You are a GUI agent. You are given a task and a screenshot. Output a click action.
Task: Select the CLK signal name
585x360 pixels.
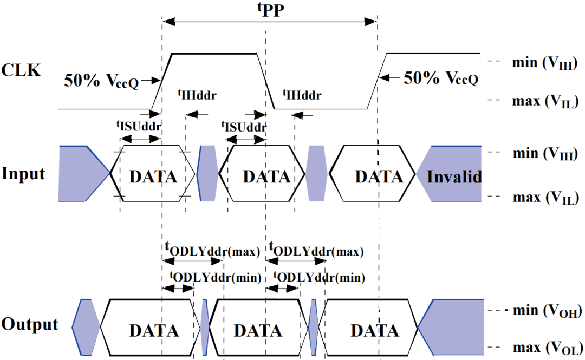[21, 70]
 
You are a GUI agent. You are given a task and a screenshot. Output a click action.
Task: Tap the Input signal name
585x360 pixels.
[23, 174]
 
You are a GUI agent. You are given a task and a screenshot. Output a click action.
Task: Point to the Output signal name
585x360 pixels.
[29, 325]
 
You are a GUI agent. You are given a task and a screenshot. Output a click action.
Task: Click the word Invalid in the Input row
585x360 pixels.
[454, 176]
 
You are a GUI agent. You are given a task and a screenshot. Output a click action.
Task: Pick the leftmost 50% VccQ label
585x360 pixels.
[101, 81]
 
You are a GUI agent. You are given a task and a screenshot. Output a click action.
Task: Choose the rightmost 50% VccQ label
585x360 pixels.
[441, 78]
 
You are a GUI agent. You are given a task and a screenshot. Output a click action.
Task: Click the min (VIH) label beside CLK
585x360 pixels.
[545, 63]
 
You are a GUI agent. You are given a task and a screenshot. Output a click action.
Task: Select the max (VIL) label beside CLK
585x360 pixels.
[545, 101]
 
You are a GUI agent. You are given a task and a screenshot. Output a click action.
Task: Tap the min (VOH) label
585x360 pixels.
[547, 310]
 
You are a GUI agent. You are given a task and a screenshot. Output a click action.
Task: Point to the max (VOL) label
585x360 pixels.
[548, 348]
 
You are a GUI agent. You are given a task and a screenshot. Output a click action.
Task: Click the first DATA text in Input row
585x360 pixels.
[153, 177]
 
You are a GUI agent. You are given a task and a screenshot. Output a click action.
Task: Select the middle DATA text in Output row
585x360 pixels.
[258, 331]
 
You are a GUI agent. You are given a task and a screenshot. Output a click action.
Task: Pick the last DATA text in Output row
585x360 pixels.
[375, 331]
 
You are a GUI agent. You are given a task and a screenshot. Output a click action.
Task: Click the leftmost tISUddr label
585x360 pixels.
[139, 126]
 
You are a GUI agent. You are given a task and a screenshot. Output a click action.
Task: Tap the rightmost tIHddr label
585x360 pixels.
[302, 95]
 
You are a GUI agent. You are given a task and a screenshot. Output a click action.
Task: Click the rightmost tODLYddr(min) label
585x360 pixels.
[319, 277]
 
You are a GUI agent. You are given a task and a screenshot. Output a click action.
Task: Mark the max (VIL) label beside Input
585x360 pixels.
[545, 198]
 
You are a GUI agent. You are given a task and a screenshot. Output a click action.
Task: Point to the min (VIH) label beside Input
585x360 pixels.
[545, 153]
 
